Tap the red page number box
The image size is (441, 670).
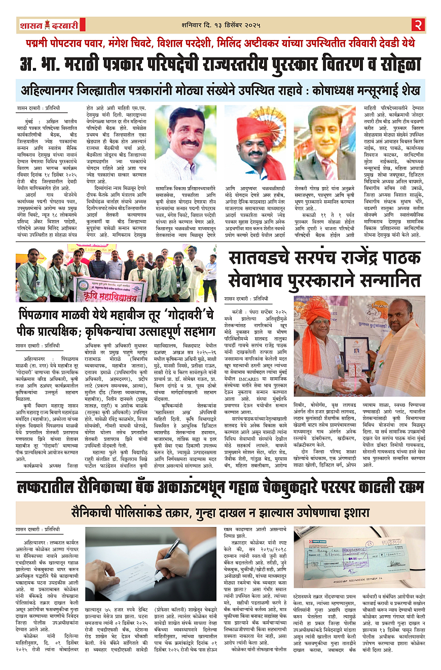418,24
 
